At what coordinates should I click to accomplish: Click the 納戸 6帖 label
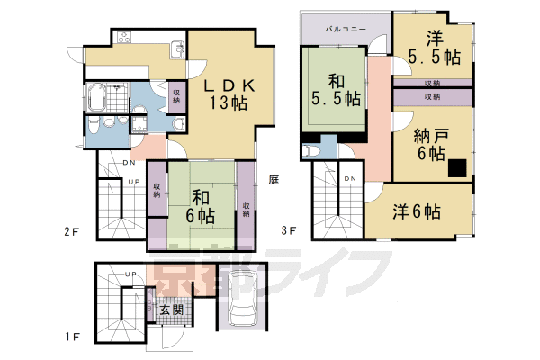coord(431,144)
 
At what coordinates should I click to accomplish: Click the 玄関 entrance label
coord(171,310)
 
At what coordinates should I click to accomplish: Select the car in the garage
coord(242,300)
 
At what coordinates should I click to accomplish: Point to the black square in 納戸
coord(458,166)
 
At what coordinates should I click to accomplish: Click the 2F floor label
coord(73,231)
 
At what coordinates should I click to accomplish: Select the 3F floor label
coord(291,231)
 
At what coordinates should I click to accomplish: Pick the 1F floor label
coord(73,337)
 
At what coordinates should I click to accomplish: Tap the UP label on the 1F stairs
coord(130,274)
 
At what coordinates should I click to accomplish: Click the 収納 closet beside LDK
coord(176,95)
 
